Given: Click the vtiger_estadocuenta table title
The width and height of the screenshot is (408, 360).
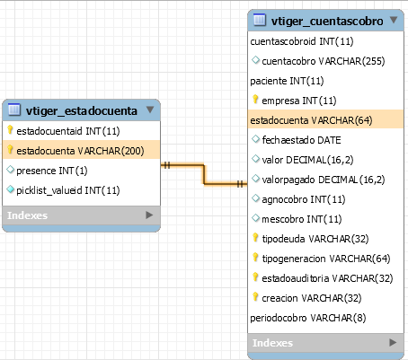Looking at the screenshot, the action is click(82, 111).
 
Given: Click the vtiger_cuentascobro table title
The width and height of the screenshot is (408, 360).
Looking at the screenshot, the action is click(327, 22).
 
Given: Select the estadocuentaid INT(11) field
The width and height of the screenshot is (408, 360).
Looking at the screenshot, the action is click(68, 131).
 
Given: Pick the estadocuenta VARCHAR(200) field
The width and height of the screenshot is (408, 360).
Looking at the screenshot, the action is click(80, 151).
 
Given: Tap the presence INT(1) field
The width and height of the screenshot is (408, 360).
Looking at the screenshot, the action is click(52, 171).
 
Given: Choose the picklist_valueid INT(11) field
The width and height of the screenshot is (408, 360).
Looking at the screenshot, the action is click(68, 190).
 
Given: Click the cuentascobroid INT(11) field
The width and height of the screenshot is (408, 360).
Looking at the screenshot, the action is click(302, 41).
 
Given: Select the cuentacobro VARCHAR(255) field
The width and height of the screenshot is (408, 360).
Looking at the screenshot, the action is click(324, 61).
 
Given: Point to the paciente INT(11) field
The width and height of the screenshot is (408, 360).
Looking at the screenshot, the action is click(287, 81).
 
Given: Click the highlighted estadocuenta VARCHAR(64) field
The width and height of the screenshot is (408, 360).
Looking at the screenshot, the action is click(311, 120).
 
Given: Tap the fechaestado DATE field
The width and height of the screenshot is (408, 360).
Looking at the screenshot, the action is click(301, 140).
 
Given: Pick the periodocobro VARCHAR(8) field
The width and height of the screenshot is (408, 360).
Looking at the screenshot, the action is click(308, 318).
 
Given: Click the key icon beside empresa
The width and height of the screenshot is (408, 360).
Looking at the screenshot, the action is click(255, 99).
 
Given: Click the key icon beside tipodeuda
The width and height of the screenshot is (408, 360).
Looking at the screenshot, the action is click(255, 237).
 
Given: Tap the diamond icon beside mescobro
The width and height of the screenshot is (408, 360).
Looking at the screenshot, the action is click(255, 218).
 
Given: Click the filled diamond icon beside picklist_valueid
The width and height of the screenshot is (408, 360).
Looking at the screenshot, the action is click(11, 189).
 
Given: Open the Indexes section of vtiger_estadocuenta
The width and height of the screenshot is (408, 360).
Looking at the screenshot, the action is click(28, 215).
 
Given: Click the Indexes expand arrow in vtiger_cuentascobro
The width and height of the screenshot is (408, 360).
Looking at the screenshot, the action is click(393, 342).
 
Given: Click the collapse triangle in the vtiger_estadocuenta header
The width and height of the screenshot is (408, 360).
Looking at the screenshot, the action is click(150, 110).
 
